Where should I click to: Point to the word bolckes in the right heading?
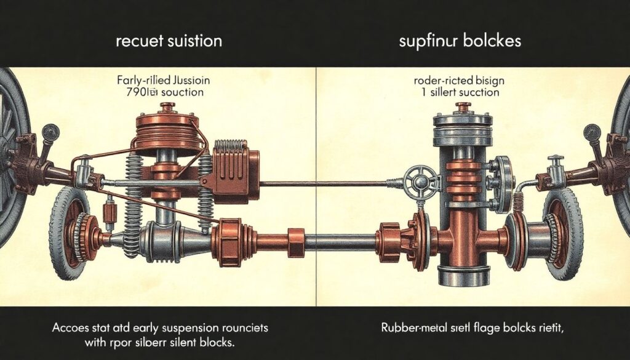(492, 42)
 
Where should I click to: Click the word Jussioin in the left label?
(184, 81)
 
